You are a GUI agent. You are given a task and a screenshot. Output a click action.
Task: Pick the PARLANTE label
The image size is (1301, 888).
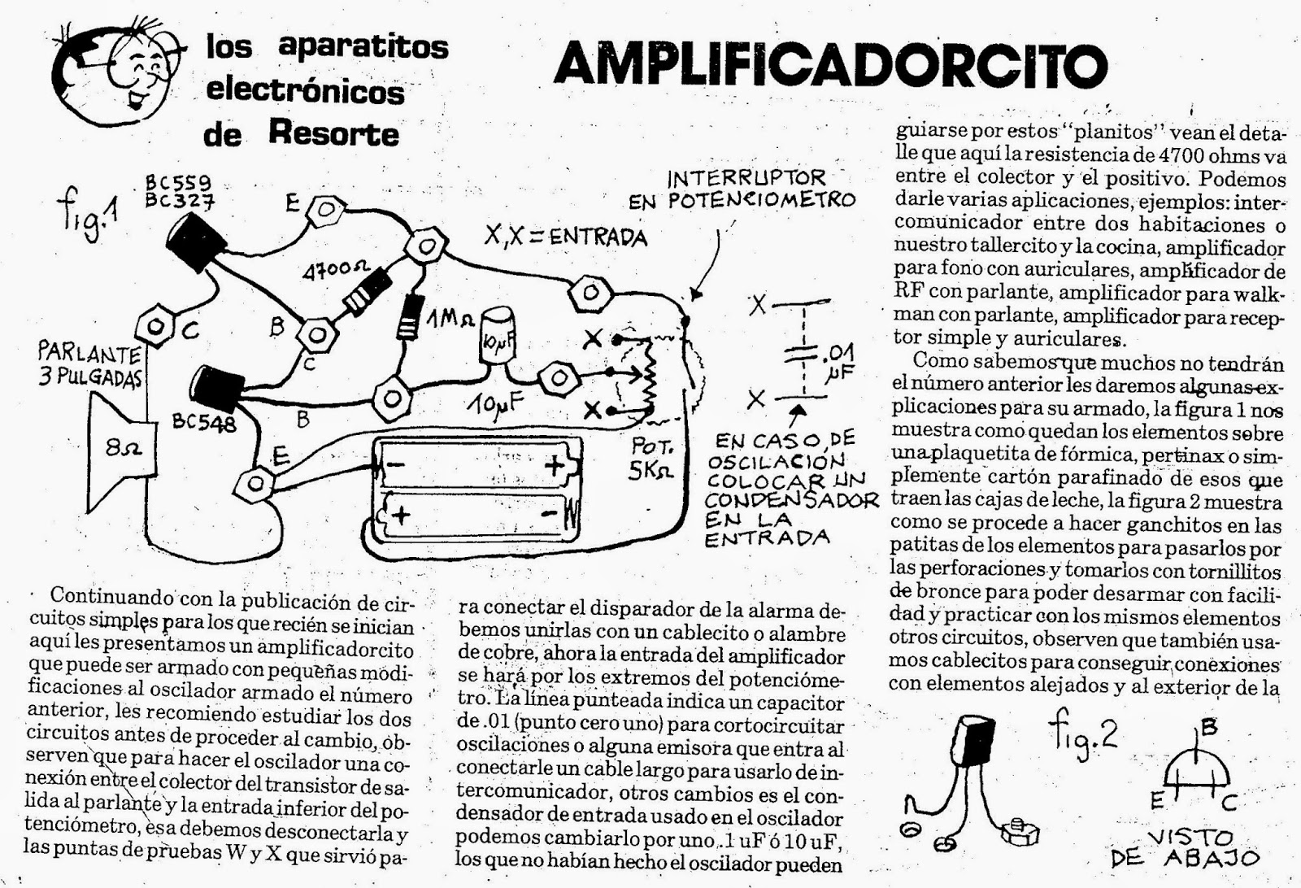click(89, 354)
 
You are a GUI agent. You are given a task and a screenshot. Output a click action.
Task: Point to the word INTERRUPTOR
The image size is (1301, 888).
click(746, 178)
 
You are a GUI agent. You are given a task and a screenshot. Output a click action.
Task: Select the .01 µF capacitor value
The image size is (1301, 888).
click(837, 361)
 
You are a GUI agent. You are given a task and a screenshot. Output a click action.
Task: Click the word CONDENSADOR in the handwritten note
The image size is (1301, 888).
click(792, 498)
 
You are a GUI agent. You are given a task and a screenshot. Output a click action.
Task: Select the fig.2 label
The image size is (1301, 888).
click(1082, 733)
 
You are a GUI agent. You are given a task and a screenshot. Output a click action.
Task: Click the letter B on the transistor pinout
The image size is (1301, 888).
click(1209, 728)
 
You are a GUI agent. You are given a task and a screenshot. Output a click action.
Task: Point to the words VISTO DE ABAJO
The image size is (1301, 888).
click(1185, 847)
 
